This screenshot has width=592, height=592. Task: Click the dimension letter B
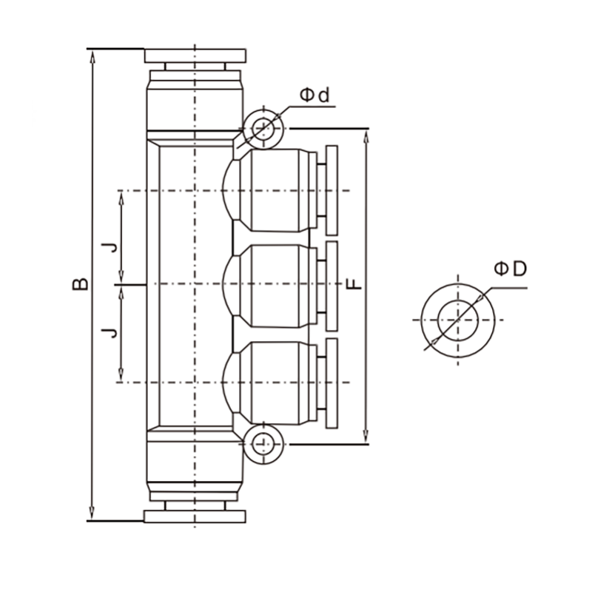[81, 284]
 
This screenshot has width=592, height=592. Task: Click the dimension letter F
[354, 284]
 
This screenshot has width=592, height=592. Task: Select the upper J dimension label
[110, 248]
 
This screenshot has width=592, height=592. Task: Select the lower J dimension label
[110, 332]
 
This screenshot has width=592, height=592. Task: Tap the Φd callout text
[314, 95]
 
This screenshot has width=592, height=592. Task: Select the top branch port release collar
[332, 190]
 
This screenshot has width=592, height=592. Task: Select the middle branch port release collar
[332, 286]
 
